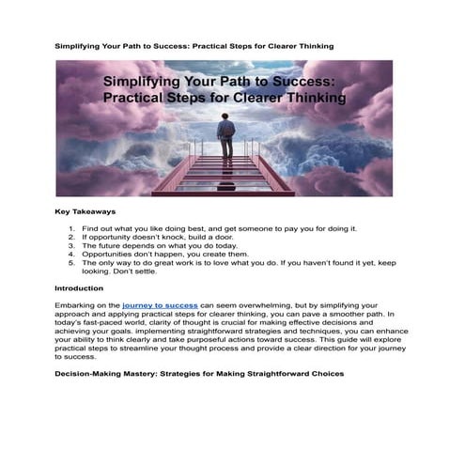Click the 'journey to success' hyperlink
click(160, 306)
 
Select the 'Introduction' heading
click(80, 288)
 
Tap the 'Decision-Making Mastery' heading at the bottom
click(199, 374)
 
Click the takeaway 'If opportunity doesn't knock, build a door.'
click(150, 238)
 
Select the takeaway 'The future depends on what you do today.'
click(150, 246)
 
